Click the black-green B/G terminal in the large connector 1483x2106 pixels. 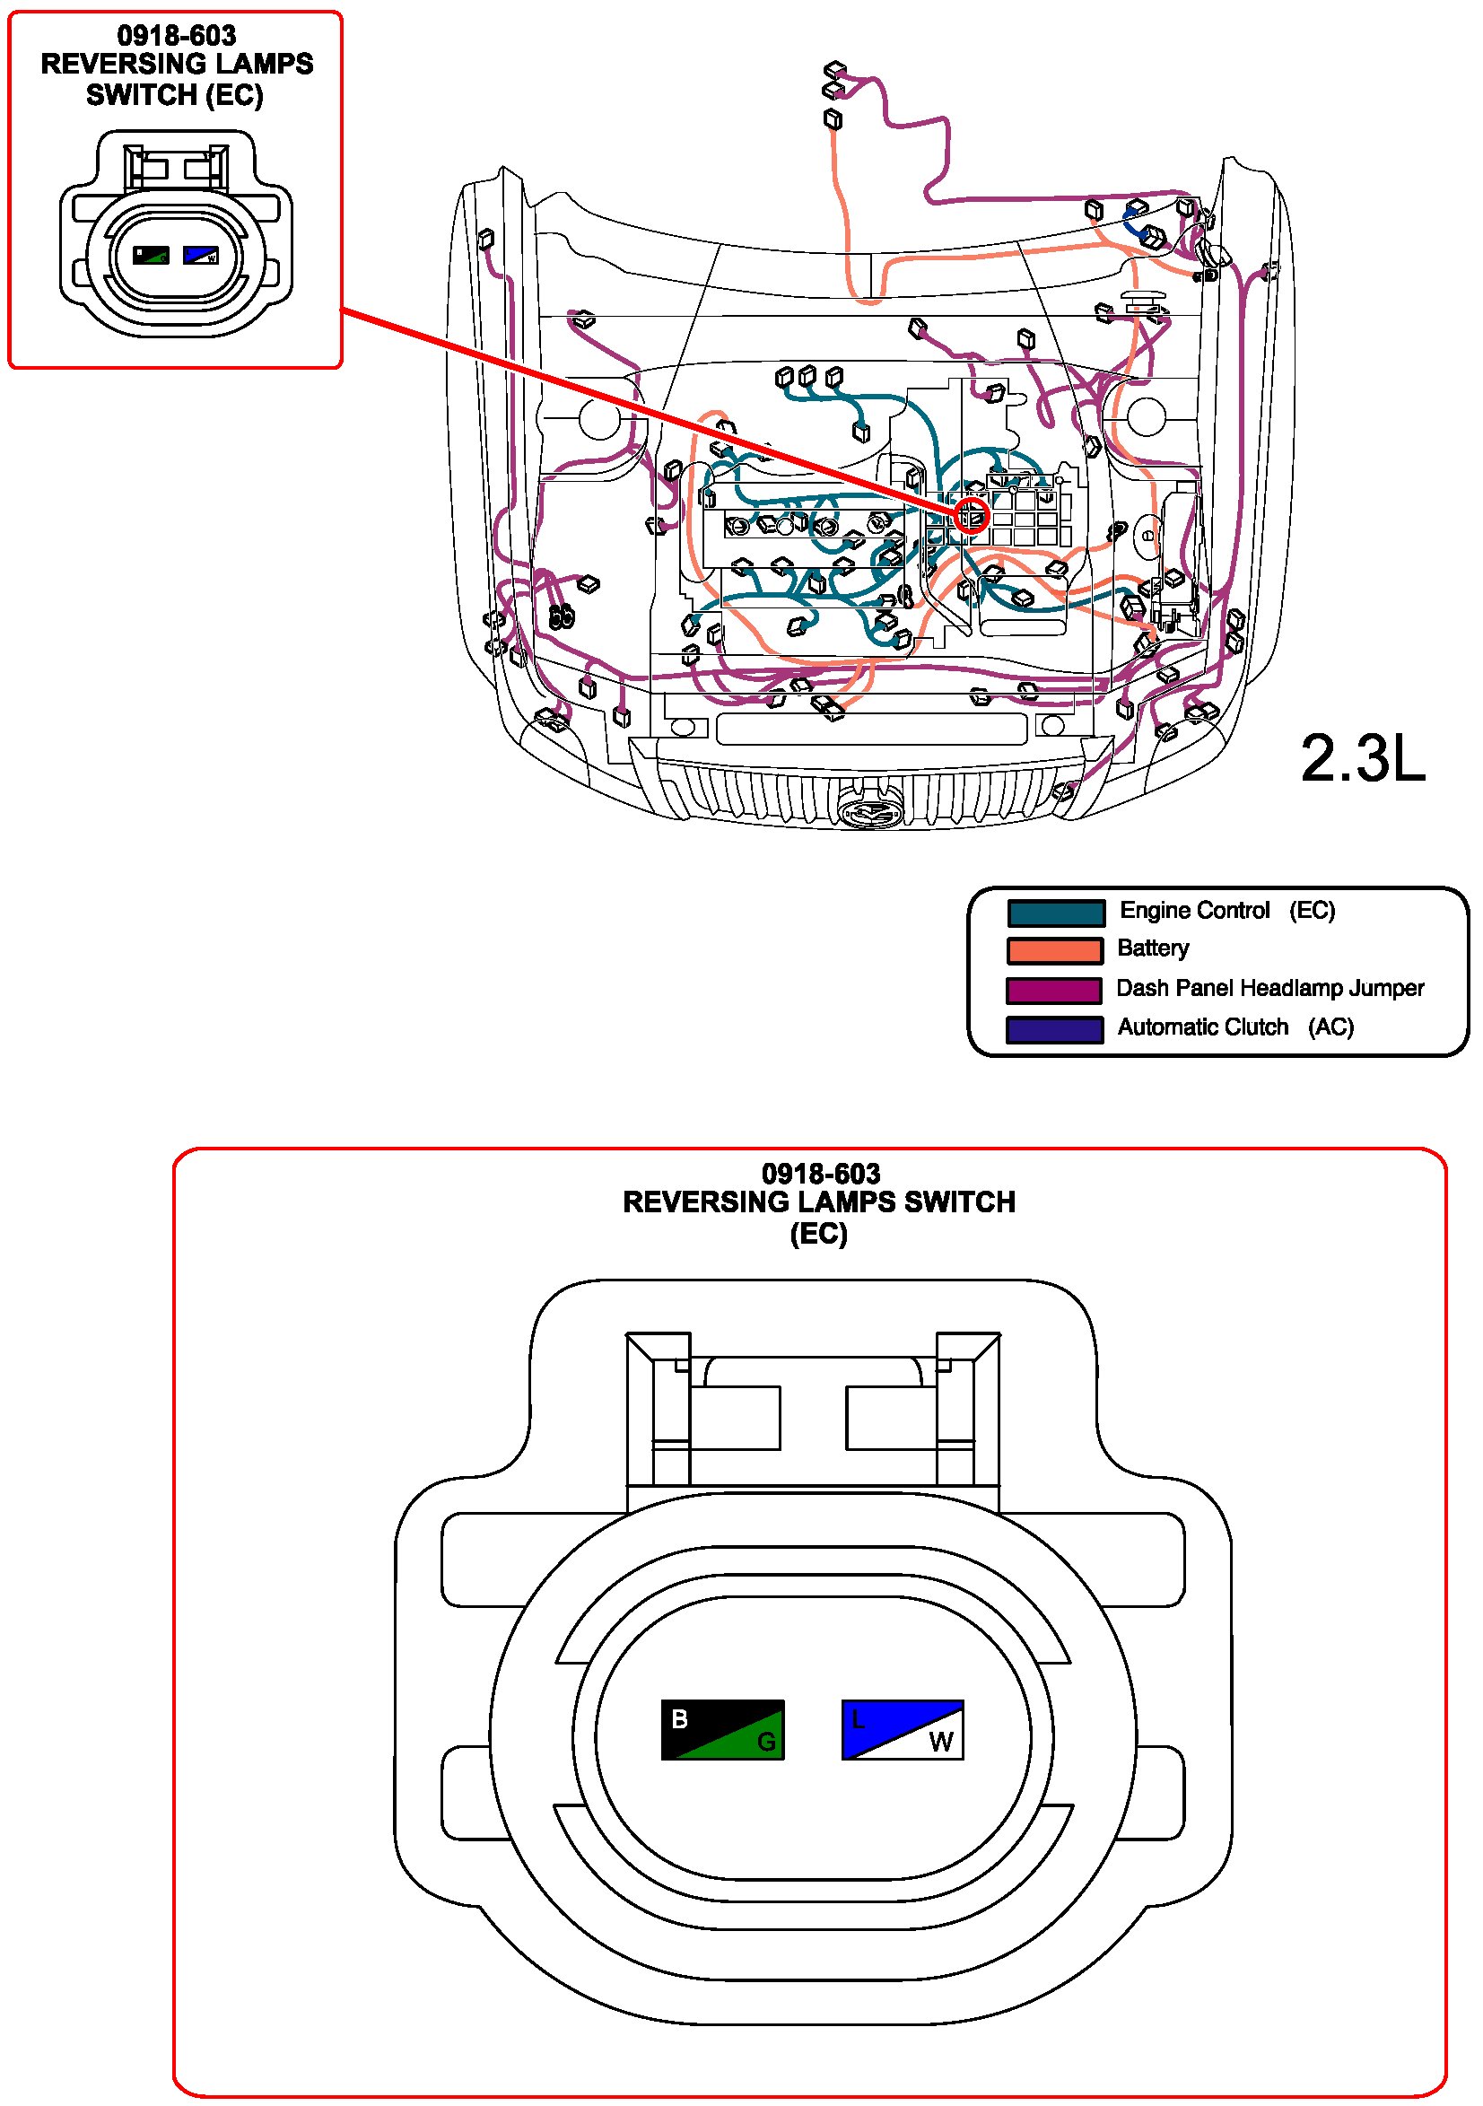(722, 1729)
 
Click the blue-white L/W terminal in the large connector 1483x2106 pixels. (903, 1729)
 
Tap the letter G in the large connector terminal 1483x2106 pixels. (766, 1741)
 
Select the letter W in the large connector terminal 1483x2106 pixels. (941, 1741)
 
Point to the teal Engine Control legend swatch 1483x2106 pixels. (1055, 913)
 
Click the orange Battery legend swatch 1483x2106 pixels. (1055, 950)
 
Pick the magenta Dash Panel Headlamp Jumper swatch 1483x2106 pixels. (1055, 990)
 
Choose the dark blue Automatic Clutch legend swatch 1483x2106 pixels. (1055, 1029)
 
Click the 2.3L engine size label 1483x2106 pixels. (1362, 758)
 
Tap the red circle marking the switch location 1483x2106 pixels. (972, 514)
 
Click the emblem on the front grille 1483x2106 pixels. (869, 810)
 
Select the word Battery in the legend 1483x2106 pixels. (1153, 948)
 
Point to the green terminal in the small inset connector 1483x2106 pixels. (152, 255)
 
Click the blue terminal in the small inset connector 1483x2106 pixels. (201, 254)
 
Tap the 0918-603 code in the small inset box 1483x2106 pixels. (176, 36)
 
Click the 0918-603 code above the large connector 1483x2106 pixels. (820, 1173)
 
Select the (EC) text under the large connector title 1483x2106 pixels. (819, 1233)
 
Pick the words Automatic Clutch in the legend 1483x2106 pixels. (1202, 1027)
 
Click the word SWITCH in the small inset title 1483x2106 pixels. (141, 94)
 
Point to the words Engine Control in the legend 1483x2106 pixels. (1194, 910)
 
